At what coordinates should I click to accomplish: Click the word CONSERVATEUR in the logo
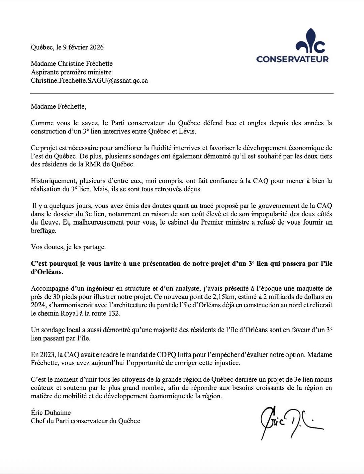(x=292, y=59)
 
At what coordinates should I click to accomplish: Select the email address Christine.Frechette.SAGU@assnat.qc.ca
(x=89, y=81)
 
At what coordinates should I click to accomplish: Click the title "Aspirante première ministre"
(x=71, y=72)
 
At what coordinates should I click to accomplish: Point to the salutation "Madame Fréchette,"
(x=59, y=107)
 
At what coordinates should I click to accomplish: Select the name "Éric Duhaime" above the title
(x=51, y=413)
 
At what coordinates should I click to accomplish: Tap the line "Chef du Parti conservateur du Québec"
(x=86, y=421)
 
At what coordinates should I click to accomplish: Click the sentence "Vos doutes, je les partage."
(x=68, y=247)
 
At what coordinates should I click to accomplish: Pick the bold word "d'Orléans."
(x=47, y=272)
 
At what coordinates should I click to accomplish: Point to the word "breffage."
(x=43, y=231)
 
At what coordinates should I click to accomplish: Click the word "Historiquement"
(x=51, y=181)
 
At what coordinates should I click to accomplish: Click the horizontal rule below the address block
(x=182, y=93)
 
